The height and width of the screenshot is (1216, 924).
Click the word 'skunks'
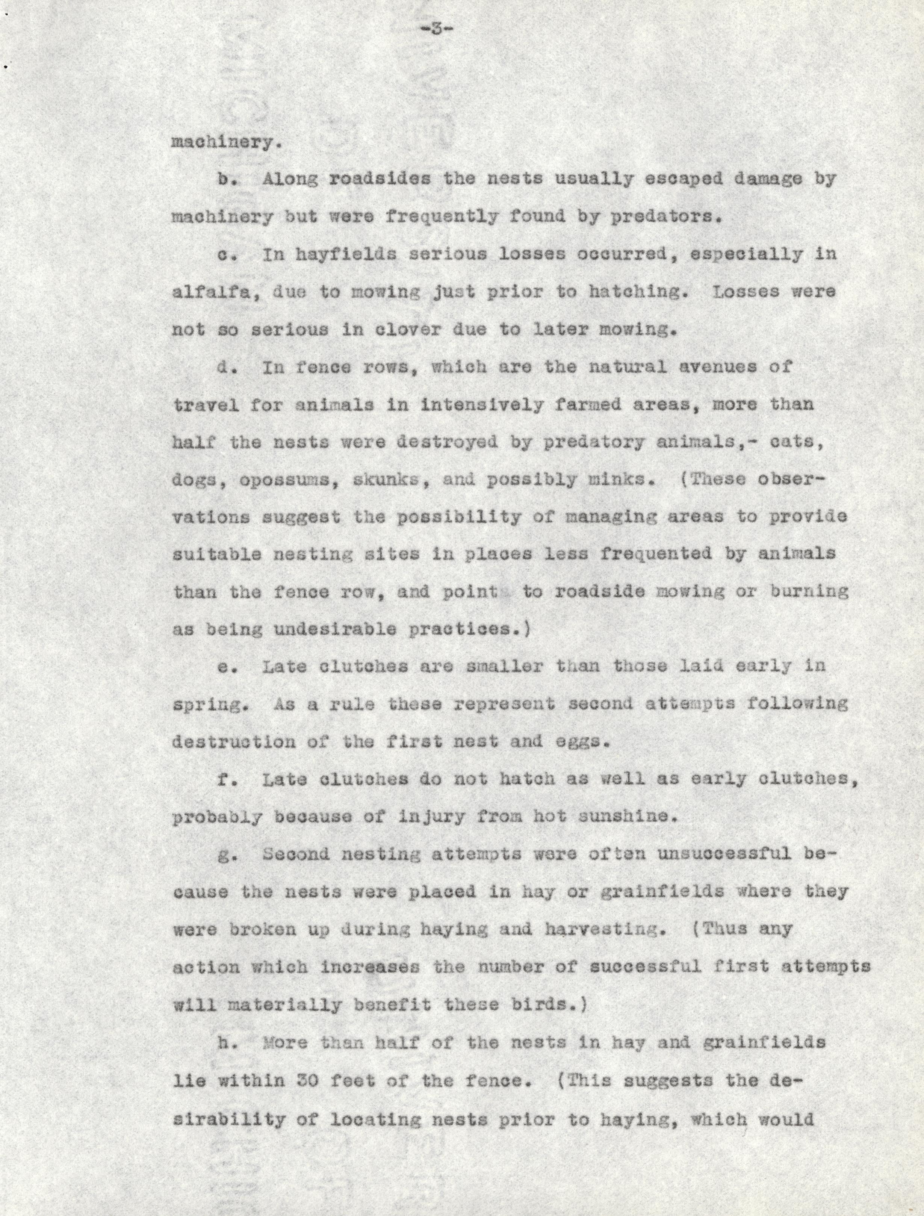(x=391, y=479)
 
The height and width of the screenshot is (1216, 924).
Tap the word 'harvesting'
(x=601, y=929)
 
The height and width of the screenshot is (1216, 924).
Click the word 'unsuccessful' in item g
(x=724, y=854)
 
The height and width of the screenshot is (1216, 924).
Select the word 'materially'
(x=284, y=1005)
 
